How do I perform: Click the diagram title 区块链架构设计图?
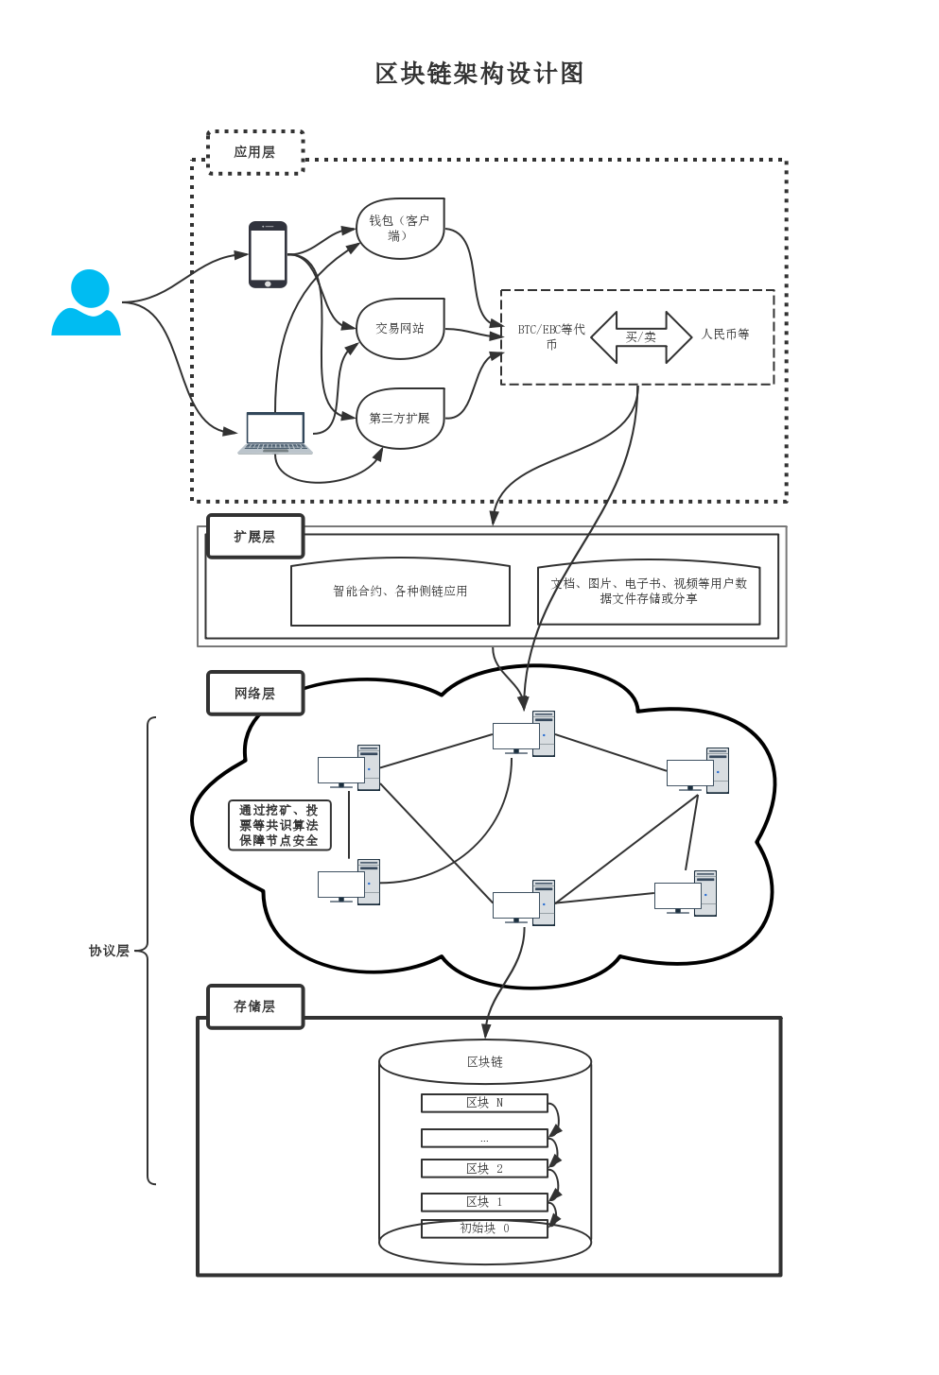(x=479, y=74)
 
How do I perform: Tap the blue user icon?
(x=87, y=303)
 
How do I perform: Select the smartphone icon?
(x=268, y=254)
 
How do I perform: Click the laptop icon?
(x=275, y=433)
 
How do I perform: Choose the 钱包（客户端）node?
(x=400, y=229)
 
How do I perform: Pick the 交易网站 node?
(x=400, y=329)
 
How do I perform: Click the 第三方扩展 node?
(x=400, y=418)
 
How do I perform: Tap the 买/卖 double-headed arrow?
(x=641, y=337)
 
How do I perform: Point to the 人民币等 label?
(x=725, y=335)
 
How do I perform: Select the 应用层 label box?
(x=255, y=152)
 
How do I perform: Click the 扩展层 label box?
(x=255, y=537)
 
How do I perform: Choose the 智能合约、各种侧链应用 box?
(x=400, y=592)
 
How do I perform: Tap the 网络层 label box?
(x=255, y=694)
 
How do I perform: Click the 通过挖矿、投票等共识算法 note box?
(x=279, y=826)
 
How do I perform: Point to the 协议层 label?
(x=109, y=951)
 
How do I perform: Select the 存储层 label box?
(x=255, y=1006)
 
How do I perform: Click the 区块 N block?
(x=484, y=1103)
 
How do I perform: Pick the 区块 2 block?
(x=484, y=1169)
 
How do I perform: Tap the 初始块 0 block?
(x=484, y=1229)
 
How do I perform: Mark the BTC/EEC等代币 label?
(x=551, y=336)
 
